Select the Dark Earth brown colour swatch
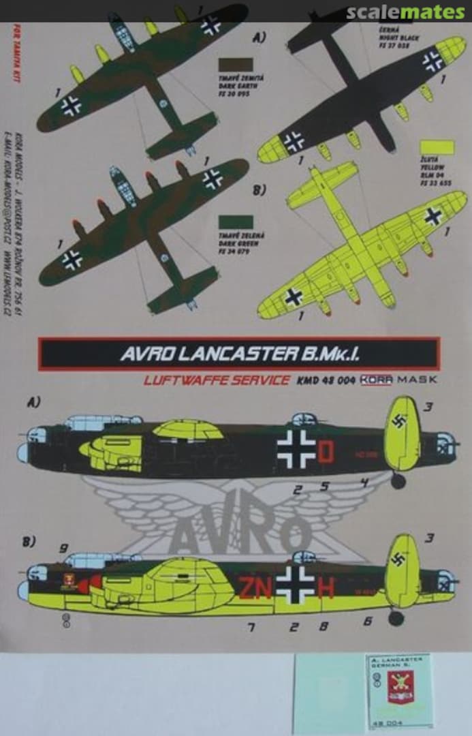[x=235, y=65]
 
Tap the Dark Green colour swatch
[x=235, y=222]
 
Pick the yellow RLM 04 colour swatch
[x=437, y=147]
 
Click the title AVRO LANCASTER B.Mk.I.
[x=238, y=354]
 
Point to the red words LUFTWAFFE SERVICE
[x=216, y=380]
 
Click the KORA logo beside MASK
[x=377, y=380]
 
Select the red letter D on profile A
[x=326, y=451]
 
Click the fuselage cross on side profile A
[x=296, y=449]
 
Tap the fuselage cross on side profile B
[x=296, y=584]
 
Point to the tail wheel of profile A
[x=398, y=481]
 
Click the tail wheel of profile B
[x=396, y=617]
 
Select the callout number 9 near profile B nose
[x=63, y=548]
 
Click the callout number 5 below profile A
[x=325, y=486]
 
